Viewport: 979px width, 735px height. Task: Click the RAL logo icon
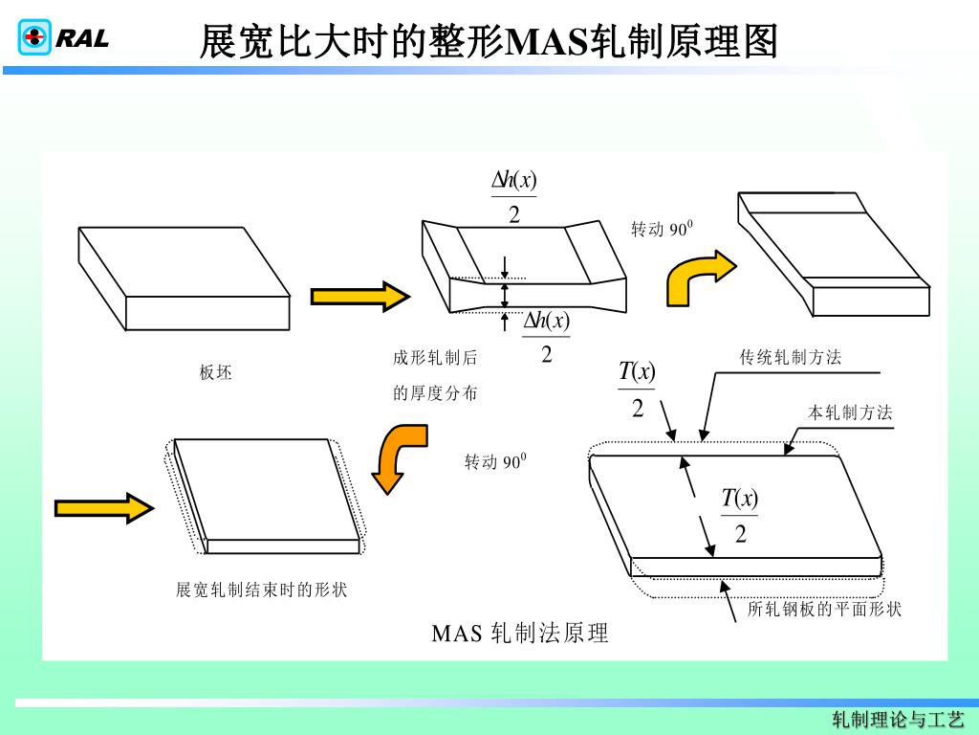pos(34,38)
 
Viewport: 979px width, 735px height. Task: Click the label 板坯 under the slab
pos(215,373)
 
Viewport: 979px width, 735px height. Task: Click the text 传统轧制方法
pos(791,358)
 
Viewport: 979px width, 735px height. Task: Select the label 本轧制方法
pos(850,413)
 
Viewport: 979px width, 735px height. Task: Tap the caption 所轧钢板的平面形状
pos(824,609)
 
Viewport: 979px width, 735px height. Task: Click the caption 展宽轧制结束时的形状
pos(261,590)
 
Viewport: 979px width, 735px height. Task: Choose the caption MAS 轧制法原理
pos(520,633)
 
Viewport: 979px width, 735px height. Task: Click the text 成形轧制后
pos(435,359)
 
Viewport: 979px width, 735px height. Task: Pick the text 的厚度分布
pos(435,392)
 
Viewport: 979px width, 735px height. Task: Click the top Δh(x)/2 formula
pos(514,196)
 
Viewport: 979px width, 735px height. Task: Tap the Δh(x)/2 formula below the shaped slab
pos(546,337)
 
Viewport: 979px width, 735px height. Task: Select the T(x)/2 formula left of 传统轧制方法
pos(637,389)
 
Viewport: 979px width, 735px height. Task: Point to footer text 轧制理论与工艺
pos(898,720)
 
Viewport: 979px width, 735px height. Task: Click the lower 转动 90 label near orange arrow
pos(495,463)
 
